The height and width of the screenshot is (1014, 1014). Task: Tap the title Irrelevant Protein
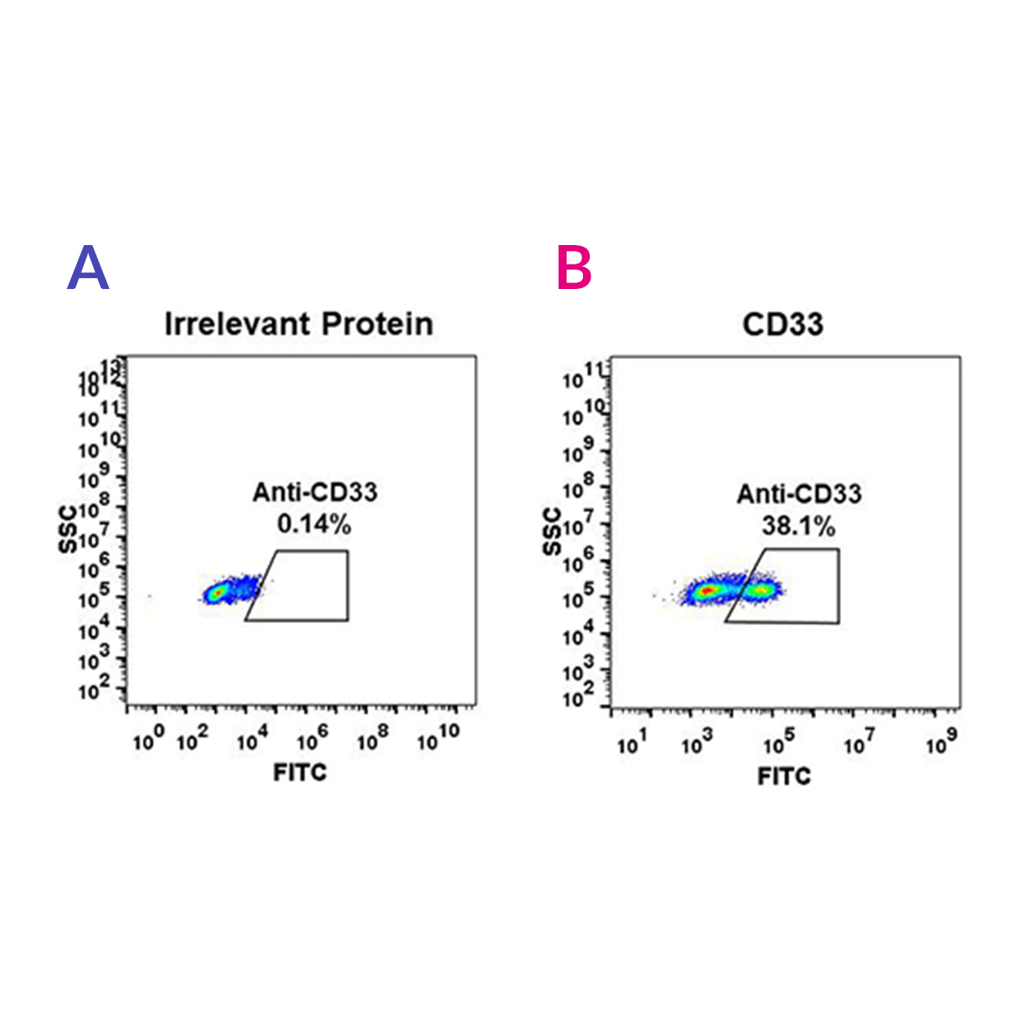pos(298,324)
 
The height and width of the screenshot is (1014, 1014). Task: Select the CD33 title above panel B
pos(782,324)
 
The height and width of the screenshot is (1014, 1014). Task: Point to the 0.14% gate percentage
pos(314,525)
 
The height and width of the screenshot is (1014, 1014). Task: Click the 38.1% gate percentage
pos(799,526)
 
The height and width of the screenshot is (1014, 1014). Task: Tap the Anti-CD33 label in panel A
pos(314,493)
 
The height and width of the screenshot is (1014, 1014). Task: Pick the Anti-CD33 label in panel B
pos(799,494)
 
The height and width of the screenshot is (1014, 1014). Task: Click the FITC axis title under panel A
pos(300,771)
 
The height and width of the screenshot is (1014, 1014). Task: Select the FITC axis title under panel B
pos(784,776)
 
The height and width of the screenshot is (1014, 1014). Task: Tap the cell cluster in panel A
pos(221,592)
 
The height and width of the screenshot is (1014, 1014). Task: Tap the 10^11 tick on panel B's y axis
pos(579,377)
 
